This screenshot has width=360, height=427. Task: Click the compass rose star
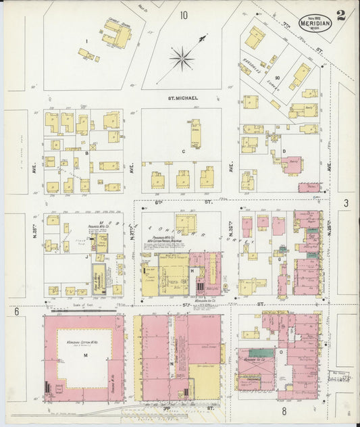[182, 59]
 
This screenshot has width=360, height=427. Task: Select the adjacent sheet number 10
[184, 14]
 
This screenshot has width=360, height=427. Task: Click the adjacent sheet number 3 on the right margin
[345, 203]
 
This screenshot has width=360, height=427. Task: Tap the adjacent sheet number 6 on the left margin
[16, 311]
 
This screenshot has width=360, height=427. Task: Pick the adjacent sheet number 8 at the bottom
[284, 410]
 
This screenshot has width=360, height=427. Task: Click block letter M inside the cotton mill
[85, 355]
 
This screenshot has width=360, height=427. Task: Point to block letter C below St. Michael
[183, 152]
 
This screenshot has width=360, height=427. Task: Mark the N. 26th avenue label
[232, 224]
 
